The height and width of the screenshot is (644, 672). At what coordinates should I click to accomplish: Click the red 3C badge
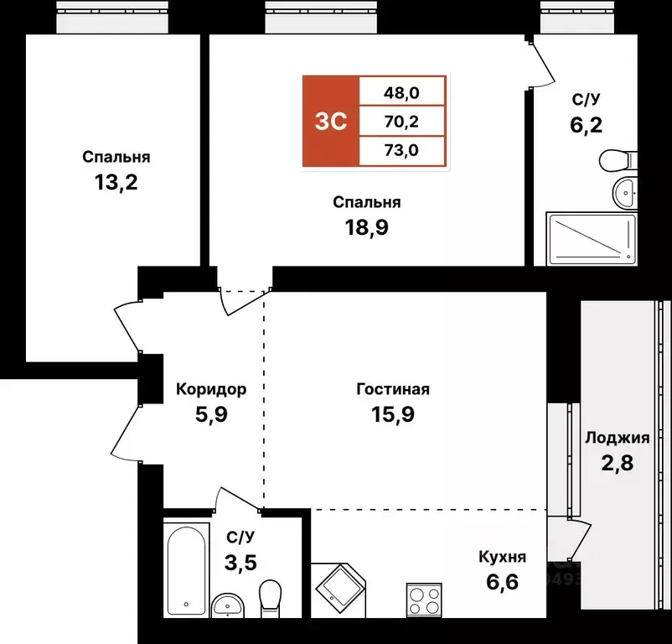click(x=331, y=122)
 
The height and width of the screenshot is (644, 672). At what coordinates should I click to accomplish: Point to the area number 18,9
click(x=366, y=227)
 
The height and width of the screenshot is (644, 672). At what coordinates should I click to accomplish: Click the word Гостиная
click(x=393, y=389)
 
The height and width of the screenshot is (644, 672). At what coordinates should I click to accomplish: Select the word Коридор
click(x=211, y=389)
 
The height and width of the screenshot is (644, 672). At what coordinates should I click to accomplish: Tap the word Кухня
click(x=502, y=557)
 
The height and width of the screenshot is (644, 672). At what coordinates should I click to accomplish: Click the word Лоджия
click(x=618, y=438)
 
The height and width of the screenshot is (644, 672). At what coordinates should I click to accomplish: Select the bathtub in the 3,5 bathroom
click(x=186, y=566)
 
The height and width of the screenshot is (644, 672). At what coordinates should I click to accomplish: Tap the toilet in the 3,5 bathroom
click(x=270, y=598)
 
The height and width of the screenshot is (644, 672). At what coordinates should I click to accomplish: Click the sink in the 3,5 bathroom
click(x=226, y=605)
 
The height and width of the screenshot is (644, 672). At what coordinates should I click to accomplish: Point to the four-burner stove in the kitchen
click(x=423, y=600)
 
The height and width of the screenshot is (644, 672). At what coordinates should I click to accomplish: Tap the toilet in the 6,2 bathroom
click(x=620, y=158)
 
